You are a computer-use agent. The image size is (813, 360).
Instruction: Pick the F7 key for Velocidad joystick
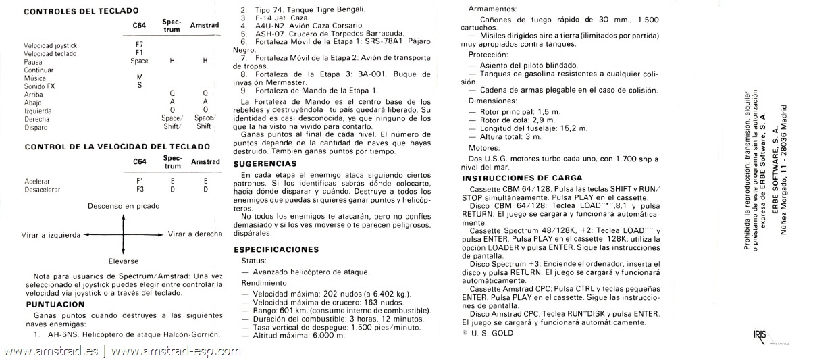point(139,45)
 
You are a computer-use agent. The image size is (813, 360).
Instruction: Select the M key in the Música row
point(139,77)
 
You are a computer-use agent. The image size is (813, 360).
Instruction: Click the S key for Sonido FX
point(139,85)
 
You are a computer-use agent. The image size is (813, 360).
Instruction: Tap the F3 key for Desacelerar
point(139,190)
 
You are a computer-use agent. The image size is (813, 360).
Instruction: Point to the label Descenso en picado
point(123,205)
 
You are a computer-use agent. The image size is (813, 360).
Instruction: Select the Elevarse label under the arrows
point(123,261)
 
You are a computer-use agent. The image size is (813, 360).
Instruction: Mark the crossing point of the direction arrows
point(124,234)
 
